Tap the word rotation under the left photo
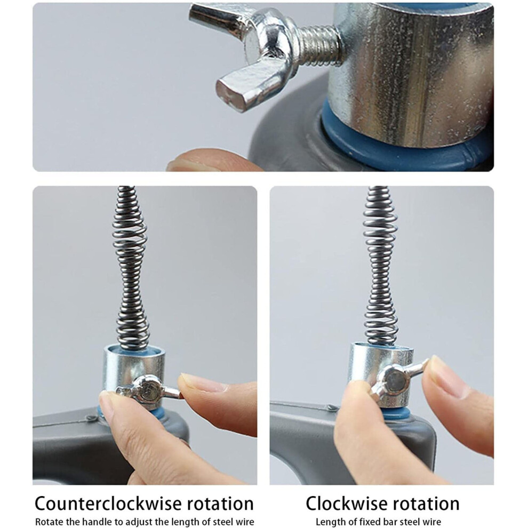pyautogui.click(x=220, y=504)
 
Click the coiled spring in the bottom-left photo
pyautogui.click(x=131, y=269)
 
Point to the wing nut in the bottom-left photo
pyautogui.click(x=148, y=390)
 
